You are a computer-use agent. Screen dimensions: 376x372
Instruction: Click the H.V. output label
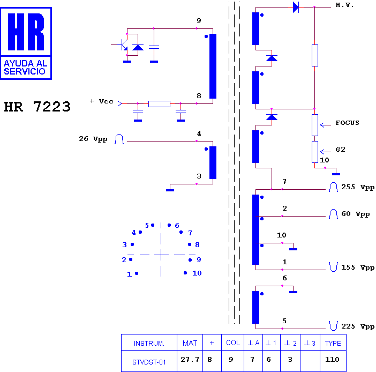344,5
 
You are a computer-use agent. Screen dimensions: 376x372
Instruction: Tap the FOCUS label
347,123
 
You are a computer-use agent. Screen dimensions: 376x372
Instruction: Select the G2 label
340,150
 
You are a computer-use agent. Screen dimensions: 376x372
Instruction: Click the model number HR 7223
37,107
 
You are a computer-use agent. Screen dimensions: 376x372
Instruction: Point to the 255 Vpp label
358,187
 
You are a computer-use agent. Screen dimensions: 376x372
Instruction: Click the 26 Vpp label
93,139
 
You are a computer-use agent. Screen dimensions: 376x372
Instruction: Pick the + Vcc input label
101,101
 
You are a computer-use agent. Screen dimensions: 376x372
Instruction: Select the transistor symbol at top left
122,45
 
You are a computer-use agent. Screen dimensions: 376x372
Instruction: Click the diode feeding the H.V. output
296,7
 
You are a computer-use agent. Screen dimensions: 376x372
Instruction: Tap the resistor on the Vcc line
159,104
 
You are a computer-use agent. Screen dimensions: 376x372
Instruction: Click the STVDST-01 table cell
149,362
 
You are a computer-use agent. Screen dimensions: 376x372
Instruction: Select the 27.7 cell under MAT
190,360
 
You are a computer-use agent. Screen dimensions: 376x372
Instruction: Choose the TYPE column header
333,344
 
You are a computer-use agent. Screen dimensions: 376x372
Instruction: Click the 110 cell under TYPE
332,360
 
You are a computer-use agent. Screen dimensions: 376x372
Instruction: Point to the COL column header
233,343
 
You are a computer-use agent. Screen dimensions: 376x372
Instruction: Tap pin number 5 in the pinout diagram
147,226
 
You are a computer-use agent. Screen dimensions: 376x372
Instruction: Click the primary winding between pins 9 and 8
213,66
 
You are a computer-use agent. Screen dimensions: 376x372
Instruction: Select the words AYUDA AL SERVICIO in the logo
25,68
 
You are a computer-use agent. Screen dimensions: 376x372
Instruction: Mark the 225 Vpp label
358,326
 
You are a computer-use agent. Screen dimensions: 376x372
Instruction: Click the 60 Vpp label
355,214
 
